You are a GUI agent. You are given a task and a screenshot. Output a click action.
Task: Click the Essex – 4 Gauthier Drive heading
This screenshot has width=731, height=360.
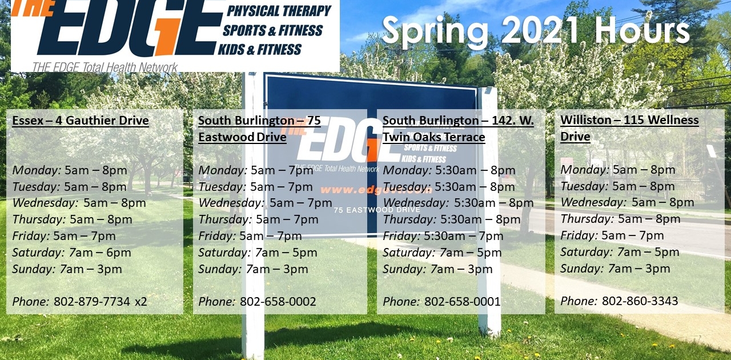point(81,121)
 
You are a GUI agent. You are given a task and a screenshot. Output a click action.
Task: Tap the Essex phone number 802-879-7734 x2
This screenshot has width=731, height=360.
point(101,301)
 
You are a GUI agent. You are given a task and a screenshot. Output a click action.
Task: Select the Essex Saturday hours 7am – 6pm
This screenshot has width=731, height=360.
point(100,253)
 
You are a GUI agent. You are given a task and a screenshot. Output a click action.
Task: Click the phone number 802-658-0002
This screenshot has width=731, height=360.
point(278,301)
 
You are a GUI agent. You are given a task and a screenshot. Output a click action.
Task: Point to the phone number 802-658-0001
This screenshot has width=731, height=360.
point(463,301)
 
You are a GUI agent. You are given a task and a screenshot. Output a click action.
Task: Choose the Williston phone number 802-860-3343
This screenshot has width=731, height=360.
point(640,301)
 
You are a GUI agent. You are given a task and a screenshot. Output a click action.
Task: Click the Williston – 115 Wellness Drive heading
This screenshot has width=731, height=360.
point(629,128)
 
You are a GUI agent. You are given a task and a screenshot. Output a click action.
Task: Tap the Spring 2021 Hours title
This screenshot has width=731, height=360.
point(535,30)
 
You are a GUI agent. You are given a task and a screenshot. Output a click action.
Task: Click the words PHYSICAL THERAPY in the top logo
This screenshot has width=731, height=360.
point(279,11)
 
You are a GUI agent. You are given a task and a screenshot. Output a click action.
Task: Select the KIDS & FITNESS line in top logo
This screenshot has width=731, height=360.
point(260,50)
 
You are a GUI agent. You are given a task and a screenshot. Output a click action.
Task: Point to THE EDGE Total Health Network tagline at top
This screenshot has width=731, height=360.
point(105,67)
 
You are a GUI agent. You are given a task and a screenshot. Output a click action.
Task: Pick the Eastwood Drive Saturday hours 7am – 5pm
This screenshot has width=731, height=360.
point(286,253)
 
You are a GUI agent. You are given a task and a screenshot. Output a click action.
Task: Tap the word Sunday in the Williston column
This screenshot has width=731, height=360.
point(582,269)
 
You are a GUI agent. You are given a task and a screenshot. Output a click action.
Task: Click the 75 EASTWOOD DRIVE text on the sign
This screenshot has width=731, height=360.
point(377,210)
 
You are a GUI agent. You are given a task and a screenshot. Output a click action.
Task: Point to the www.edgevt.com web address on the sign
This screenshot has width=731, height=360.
point(376,190)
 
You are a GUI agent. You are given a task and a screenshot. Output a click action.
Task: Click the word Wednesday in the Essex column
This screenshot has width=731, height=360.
point(45,203)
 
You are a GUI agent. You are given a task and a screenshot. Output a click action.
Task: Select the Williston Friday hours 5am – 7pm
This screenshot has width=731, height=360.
point(632,235)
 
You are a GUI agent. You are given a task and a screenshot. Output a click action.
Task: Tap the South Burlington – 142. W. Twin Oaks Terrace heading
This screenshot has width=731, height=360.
point(458,129)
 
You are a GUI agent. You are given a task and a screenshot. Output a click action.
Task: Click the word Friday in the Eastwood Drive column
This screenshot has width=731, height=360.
point(216,236)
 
